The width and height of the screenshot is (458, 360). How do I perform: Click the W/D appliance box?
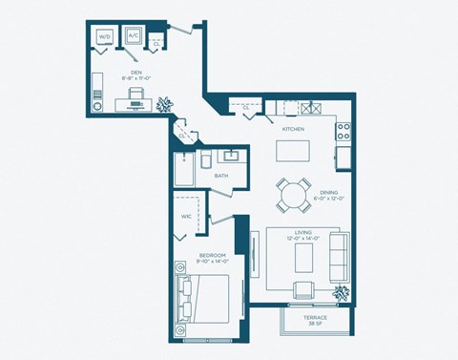point(105,37)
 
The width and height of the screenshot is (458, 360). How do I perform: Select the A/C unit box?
point(133,37)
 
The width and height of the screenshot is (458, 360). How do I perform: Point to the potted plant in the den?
point(165,101)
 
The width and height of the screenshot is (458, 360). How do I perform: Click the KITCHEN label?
point(293,128)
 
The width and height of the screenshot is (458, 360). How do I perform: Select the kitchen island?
point(294,152)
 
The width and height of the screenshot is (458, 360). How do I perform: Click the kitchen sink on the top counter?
point(307,108)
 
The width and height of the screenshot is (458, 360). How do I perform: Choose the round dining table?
point(293,196)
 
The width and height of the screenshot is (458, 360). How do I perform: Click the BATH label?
point(221,176)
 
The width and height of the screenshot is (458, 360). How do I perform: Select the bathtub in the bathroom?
point(184,169)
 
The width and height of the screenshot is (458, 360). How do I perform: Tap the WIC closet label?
point(187,216)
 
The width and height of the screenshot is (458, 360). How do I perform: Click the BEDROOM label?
point(212,255)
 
